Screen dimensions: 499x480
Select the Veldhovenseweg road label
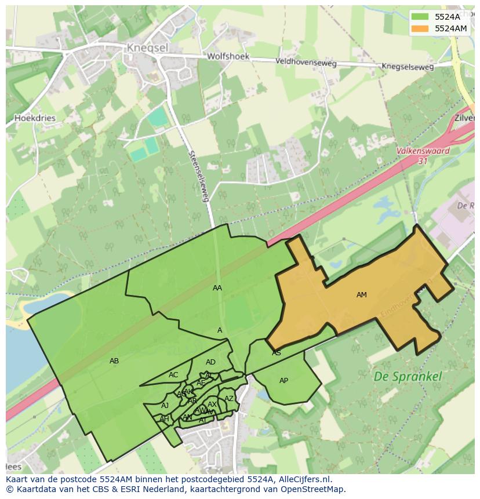coord(306,61)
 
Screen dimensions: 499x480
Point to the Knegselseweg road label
coord(408,67)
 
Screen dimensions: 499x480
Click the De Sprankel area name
coord(408,376)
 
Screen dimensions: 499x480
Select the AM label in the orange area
coord(362,295)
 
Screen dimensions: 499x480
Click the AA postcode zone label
coord(217,287)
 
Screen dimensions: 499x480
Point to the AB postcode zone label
coord(114,361)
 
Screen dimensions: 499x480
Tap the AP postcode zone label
coord(283,381)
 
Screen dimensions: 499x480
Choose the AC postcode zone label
coord(173,375)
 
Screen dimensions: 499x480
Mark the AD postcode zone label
coord(210,362)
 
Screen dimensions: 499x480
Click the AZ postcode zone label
coord(229,399)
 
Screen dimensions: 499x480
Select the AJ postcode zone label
coord(165,406)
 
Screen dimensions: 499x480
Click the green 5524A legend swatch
coord(420,17)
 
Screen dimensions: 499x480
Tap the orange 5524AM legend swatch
coord(420,28)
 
